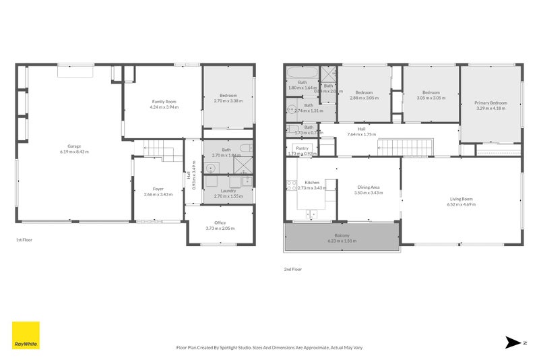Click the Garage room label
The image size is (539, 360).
click(x=73, y=146)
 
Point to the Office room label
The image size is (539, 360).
click(x=220, y=222)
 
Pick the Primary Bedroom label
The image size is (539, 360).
click(x=490, y=102)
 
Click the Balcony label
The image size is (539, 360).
click(x=342, y=235)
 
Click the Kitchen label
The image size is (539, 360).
click(x=311, y=183)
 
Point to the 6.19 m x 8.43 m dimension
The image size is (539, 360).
click(x=73, y=152)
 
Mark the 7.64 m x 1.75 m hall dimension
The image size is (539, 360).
click(x=361, y=134)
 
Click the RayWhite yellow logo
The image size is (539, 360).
click(x=26, y=335)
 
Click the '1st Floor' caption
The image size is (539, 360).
click(x=24, y=239)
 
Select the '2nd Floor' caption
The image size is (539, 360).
click(x=292, y=269)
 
